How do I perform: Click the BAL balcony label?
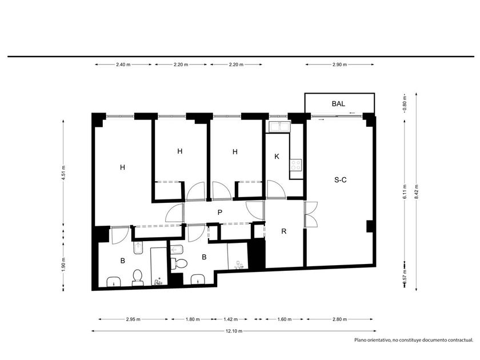338,103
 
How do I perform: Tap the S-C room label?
341,180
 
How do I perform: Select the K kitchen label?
277,157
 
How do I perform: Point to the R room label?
284,231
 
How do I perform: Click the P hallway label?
220,213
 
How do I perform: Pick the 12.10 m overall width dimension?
234,331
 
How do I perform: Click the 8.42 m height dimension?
417,192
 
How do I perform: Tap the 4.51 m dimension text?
63,173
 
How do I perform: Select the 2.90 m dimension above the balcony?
339,65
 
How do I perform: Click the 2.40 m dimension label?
123,65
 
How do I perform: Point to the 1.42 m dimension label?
230,319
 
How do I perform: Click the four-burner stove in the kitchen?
296,165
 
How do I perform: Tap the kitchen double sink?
279,126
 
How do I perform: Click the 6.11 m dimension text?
405,192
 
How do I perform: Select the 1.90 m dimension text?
63,263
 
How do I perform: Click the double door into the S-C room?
311,214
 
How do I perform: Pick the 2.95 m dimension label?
133,319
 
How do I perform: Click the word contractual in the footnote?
461,340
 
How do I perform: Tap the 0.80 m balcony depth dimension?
405,103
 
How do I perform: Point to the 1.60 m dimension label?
285,319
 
